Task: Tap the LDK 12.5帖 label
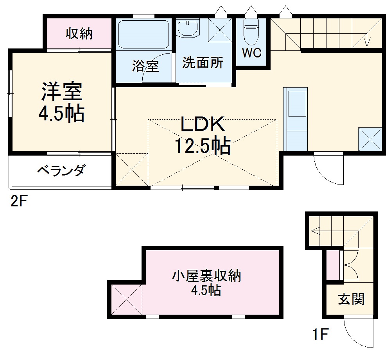tap(202, 135)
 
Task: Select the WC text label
tap(251, 54)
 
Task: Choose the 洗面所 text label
tap(203, 63)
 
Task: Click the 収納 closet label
tap(79, 34)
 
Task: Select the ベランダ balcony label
tap(61, 170)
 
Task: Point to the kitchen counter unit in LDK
tap(296, 119)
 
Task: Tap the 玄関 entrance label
tap(351, 299)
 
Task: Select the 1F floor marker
tap(321, 335)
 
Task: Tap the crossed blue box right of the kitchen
tap(369, 139)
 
